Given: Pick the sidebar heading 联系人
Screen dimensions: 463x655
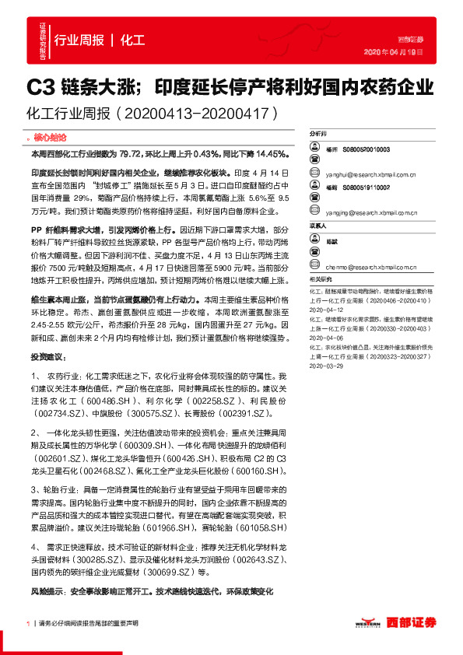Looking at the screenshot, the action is point(318,226).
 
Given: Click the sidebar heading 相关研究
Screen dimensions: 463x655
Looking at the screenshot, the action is point(320,278).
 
